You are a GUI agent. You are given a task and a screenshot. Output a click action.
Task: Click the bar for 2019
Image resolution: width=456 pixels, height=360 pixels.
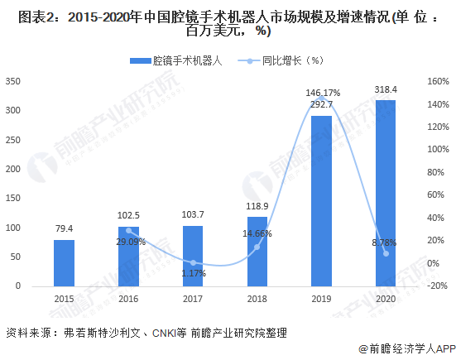click(x=321, y=201)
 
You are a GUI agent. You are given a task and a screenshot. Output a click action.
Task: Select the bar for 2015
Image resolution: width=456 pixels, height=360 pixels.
click(x=64, y=263)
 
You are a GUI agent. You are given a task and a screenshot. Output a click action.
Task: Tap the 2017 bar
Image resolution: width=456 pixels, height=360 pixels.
click(x=193, y=257)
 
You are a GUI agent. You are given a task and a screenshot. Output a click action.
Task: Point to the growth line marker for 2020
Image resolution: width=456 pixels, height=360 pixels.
click(x=386, y=253)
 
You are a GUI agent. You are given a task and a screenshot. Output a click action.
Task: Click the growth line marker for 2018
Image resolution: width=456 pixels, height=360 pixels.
click(x=257, y=247)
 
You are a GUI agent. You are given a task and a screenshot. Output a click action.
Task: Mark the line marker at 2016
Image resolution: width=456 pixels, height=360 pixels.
click(x=128, y=231)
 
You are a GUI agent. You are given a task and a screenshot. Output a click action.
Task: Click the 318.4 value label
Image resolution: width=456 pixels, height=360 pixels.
click(x=386, y=89)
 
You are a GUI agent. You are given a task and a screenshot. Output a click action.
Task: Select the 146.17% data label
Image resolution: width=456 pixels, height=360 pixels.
click(x=323, y=93)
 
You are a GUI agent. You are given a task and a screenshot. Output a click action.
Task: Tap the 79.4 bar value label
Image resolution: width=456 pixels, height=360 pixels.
click(x=64, y=228)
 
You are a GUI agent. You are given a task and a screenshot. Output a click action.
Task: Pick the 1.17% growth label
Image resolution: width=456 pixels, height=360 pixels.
click(x=194, y=273)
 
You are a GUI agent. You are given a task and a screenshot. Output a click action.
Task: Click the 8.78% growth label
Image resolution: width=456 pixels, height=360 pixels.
click(x=384, y=242)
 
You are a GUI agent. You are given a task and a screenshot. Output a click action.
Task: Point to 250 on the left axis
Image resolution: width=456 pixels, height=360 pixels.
click(x=13, y=140)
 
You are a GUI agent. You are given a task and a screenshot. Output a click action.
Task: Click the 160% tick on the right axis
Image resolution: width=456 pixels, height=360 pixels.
click(x=438, y=81)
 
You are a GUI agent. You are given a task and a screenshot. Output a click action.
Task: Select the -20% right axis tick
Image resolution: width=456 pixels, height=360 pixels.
click(x=437, y=286)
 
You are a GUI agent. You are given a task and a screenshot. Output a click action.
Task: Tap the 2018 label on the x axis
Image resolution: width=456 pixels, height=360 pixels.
click(x=257, y=299)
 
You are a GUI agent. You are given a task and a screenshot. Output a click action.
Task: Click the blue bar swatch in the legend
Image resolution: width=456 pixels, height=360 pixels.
click(x=141, y=60)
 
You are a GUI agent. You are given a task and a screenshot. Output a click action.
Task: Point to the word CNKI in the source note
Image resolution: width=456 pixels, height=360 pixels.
click(x=164, y=334)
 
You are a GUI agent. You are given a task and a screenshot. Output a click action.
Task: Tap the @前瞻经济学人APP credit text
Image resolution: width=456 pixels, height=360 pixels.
click(x=407, y=349)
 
